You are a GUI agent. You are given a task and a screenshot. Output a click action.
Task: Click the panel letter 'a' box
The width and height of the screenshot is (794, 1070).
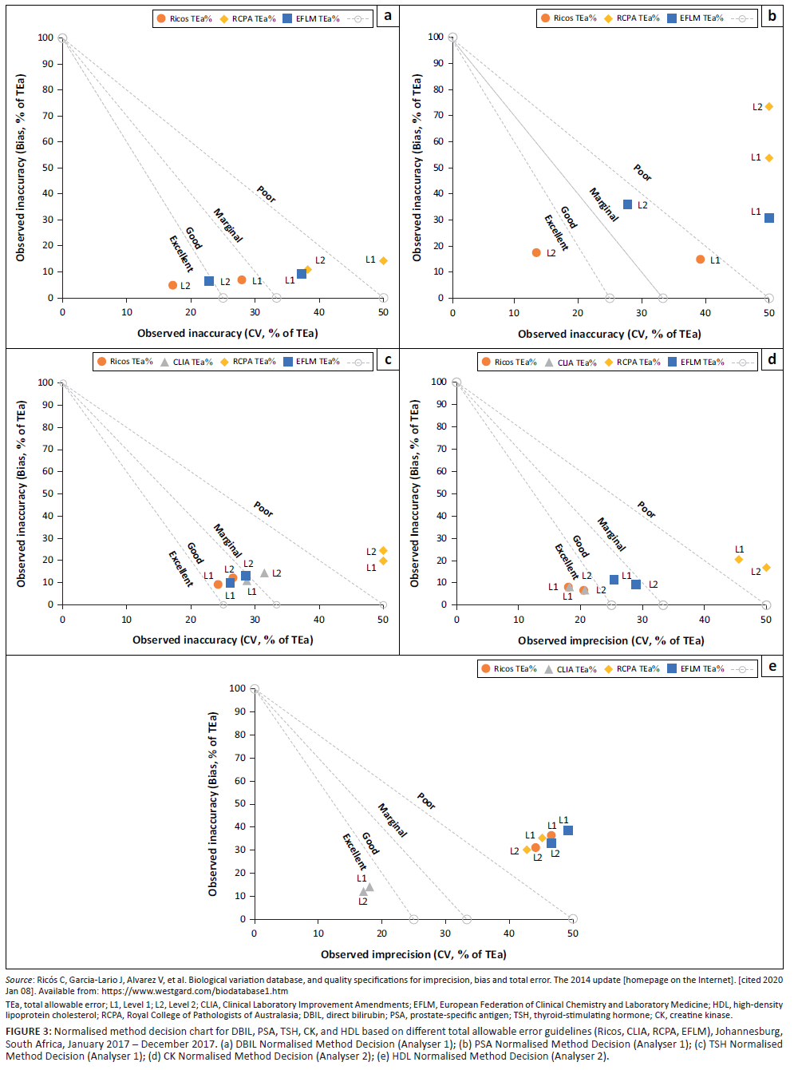click(388, 16)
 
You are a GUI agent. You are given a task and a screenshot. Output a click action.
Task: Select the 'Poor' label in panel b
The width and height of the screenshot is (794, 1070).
click(642, 172)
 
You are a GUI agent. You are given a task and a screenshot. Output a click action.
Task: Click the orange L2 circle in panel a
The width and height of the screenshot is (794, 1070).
click(173, 285)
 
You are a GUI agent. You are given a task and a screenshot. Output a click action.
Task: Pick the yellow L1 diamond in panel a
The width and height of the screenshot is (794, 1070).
click(383, 260)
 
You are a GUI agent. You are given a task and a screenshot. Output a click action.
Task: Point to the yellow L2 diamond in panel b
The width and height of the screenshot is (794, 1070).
click(769, 106)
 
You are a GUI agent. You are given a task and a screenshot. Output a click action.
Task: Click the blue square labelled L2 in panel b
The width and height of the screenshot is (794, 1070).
click(628, 204)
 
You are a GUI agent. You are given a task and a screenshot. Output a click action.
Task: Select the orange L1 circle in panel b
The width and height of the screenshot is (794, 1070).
click(701, 260)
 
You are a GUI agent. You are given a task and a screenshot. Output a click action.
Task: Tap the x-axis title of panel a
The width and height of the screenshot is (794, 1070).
click(227, 333)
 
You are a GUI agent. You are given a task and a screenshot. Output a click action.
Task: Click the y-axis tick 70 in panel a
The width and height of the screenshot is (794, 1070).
click(48, 116)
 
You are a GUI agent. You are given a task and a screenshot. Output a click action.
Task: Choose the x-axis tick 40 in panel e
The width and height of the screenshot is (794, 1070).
click(509, 933)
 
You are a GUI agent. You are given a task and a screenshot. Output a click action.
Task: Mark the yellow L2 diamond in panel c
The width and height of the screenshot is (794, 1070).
click(383, 551)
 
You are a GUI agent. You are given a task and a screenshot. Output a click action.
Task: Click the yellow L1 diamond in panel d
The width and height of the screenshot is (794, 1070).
click(739, 559)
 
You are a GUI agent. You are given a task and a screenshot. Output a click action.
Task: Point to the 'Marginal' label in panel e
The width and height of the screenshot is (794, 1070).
click(392, 820)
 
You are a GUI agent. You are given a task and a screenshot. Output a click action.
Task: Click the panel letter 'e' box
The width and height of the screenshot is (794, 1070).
click(772, 667)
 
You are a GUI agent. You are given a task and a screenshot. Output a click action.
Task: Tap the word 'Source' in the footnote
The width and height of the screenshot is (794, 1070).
click(19, 980)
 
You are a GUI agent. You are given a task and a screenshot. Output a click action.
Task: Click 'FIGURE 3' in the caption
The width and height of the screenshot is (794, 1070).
click(28, 1032)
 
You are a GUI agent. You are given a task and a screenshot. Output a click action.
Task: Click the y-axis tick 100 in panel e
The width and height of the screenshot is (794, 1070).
click(237, 688)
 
